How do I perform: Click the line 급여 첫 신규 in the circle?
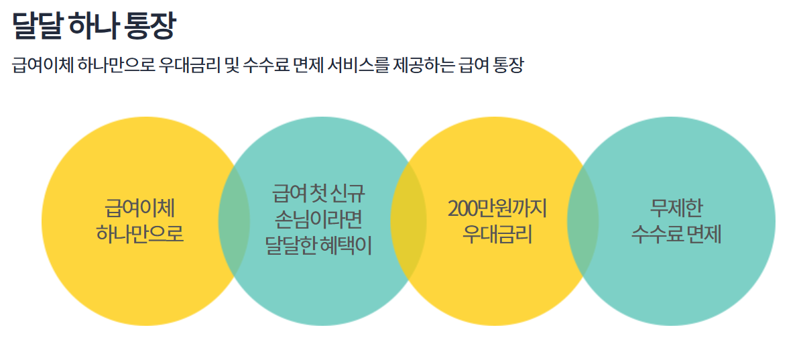pos(319,194)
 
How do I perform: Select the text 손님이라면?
pos(319,220)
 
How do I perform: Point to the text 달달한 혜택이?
pos(319,246)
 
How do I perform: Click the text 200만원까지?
pos(497,208)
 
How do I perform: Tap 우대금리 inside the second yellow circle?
pos(497,235)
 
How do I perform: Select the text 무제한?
pos(676,208)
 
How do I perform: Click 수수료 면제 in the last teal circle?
pos(676,235)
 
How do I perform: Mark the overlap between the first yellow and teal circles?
pos(234,221)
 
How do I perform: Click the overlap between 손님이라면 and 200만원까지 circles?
pos(409,221)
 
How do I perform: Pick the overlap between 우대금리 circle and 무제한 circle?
pos(582,221)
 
